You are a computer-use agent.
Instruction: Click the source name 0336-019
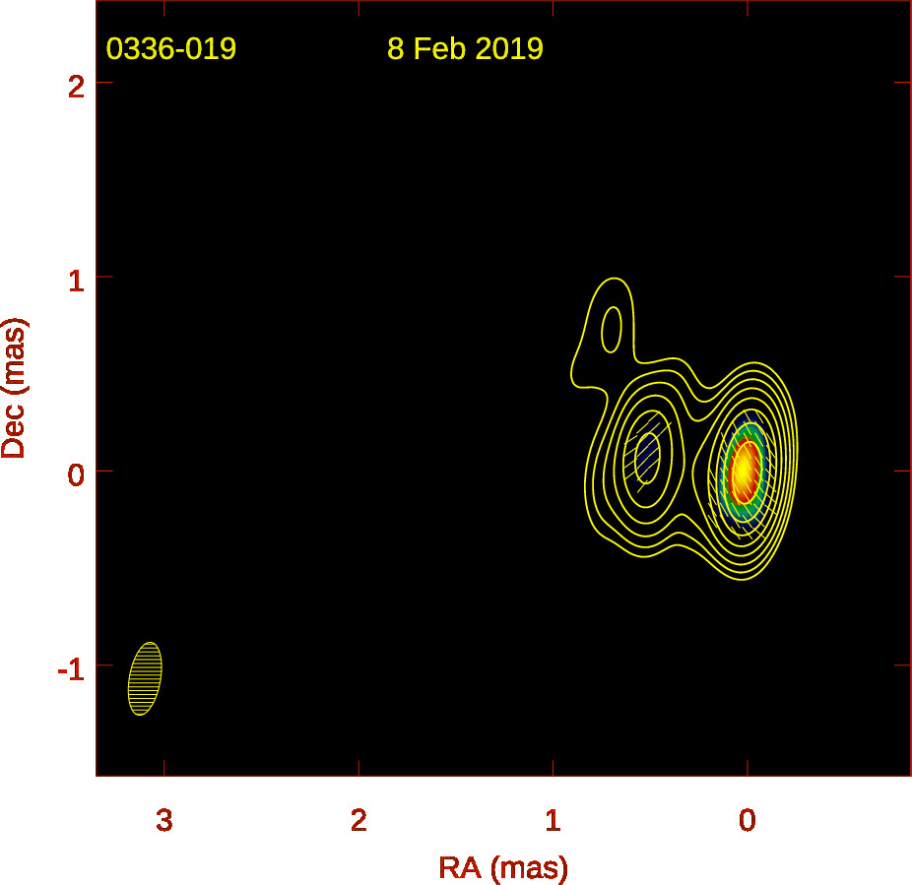tap(171, 48)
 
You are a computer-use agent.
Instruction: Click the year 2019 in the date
tap(509, 48)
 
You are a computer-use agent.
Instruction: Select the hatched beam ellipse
tap(145, 678)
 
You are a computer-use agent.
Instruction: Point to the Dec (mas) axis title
tap(14, 388)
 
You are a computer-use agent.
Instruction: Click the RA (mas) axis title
tap(503, 868)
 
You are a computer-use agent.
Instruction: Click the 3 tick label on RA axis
tap(164, 820)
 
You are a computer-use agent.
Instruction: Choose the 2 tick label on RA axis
tap(358, 820)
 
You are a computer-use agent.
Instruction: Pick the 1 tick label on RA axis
tap(554, 820)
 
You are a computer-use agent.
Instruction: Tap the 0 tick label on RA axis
tap(748, 820)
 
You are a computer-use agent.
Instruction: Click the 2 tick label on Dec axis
tap(76, 88)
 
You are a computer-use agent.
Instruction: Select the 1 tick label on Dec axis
tap(76, 282)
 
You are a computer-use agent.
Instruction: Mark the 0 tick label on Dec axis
tap(76, 475)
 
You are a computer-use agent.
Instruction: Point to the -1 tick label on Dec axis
tap(71, 669)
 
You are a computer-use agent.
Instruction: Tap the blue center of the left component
tap(647, 456)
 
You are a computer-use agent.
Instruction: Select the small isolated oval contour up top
tap(611, 329)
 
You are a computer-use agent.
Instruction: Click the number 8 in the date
tap(396, 48)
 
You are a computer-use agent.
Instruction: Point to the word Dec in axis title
tap(14, 429)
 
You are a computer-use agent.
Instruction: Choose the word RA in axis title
tap(460, 867)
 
